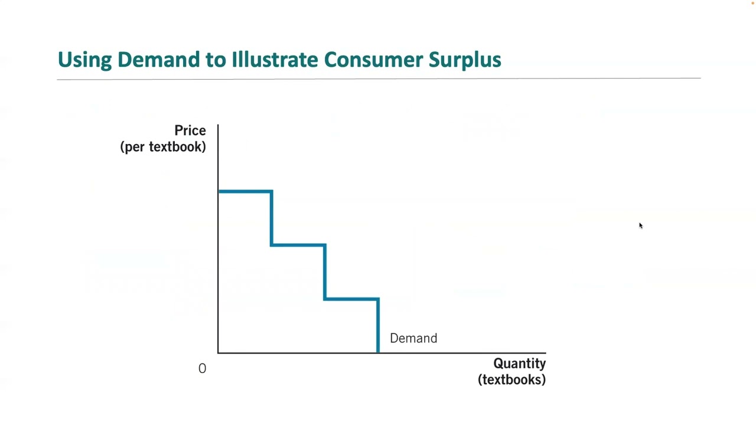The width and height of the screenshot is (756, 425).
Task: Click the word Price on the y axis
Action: [190, 130]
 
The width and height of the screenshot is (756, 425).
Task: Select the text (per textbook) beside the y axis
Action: [163, 147]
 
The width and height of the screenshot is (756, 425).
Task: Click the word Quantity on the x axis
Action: [519, 364]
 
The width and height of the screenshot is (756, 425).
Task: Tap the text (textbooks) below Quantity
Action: [511, 380]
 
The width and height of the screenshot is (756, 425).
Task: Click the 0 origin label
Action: [202, 368]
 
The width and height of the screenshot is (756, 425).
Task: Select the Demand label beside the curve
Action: [413, 338]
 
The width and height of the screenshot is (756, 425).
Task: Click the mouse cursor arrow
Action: [640, 225]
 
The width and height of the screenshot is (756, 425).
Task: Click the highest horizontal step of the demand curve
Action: [245, 191]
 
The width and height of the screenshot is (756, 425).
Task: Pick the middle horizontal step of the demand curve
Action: [298, 245]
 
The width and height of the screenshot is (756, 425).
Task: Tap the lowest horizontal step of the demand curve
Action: [351, 299]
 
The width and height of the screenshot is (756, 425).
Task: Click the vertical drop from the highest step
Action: [272, 218]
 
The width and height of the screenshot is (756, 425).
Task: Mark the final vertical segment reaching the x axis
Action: [378, 326]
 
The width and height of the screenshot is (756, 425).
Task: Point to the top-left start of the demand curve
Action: [220, 191]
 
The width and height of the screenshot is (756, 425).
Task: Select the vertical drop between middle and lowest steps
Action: [325, 272]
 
